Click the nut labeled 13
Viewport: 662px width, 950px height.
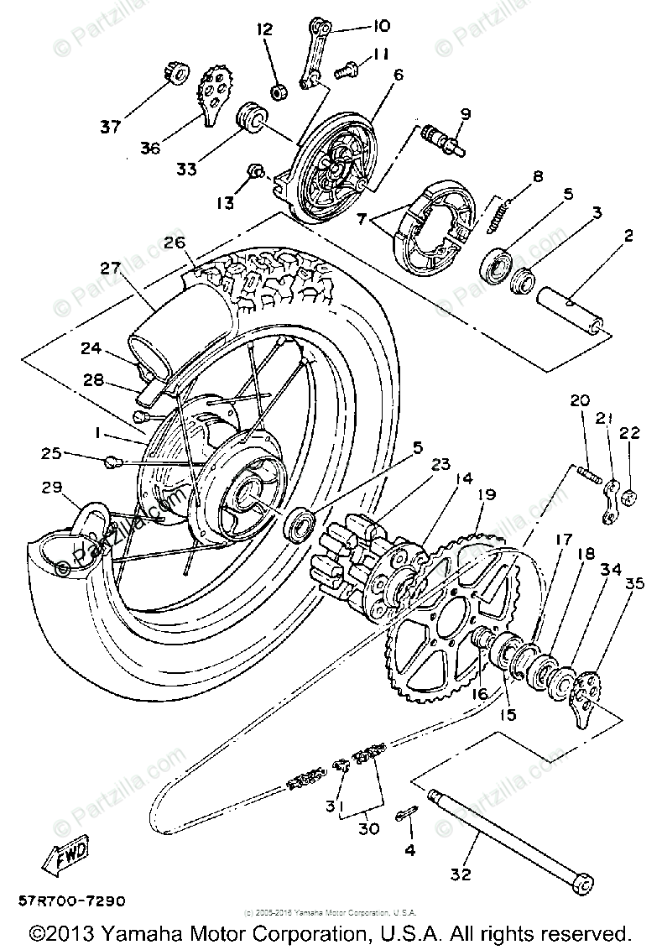(x=258, y=173)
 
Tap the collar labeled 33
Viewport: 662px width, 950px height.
(x=248, y=117)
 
